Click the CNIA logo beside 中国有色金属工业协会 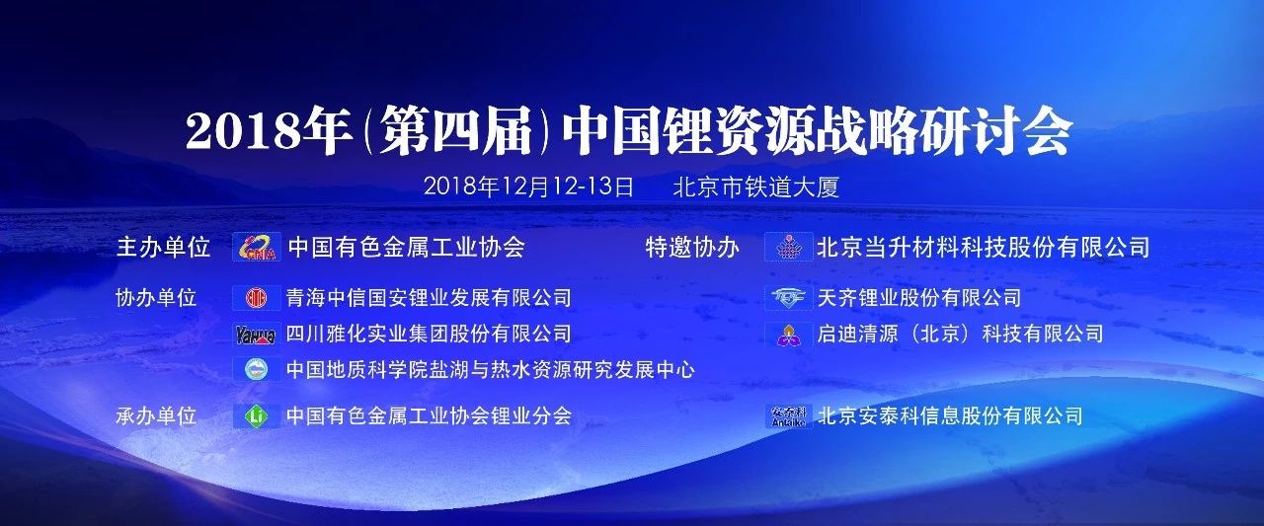click(257, 247)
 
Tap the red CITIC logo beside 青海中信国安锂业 click(257, 298)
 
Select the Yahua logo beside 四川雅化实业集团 click(257, 335)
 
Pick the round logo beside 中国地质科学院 click(257, 370)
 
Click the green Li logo click(257, 416)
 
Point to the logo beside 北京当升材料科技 click(789, 247)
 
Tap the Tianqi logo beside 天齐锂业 click(789, 298)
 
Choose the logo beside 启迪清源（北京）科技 click(789, 335)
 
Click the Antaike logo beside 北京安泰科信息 click(789, 416)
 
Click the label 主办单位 click(163, 248)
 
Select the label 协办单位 click(156, 298)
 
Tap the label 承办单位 click(156, 416)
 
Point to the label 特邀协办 click(692, 248)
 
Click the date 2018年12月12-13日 click(528, 187)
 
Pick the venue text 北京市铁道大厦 click(756, 188)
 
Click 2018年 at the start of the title click(266, 132)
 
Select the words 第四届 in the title click(456, 132)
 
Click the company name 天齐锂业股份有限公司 click(919, 298)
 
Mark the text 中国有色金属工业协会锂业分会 click(429, 416)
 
